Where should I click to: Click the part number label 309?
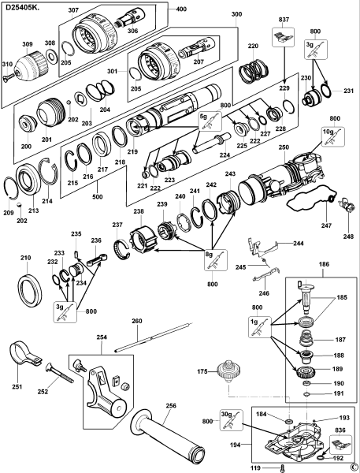pos(26,44)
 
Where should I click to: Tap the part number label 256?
pos(170,407)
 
